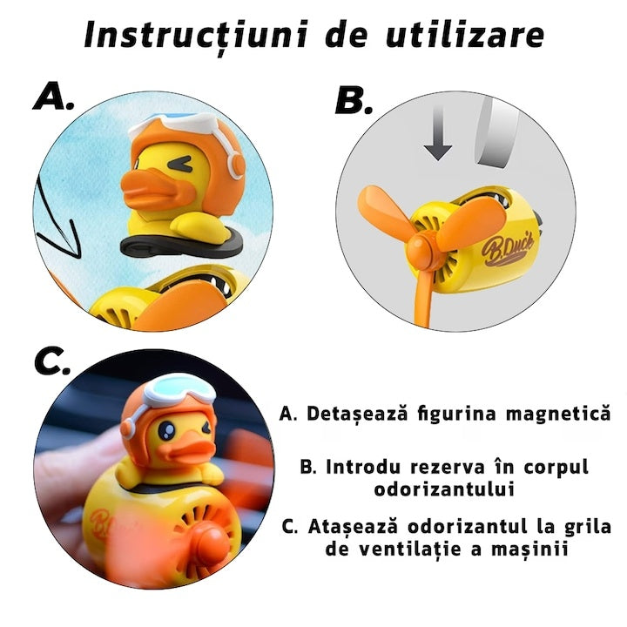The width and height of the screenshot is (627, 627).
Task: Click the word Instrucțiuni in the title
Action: (x=196, y=35)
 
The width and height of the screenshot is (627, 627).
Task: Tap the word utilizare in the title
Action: (x=464, y=34)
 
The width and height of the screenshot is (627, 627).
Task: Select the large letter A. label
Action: (x=53, y=96)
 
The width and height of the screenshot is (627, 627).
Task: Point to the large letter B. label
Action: (x=354, y=100)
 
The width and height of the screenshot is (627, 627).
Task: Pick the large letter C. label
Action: (x=52, y=361)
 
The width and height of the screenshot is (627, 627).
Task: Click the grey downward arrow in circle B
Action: (x=438, y=132)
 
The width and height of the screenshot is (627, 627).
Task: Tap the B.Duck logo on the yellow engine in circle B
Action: (x=507, y=248)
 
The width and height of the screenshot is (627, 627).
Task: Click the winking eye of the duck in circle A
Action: (x=180, y=164)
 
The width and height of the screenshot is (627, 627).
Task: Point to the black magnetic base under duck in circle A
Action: (x=181, y=245)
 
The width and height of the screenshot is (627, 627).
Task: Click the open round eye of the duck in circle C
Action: (x=165, y=430)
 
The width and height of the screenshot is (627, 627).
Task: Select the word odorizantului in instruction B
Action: (x=444, y=489)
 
